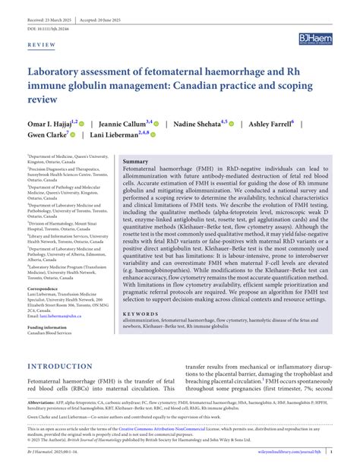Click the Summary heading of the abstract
tap(136, 162)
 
